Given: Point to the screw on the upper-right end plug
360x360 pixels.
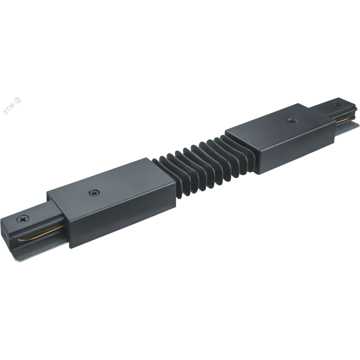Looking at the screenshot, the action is (337, 104).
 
